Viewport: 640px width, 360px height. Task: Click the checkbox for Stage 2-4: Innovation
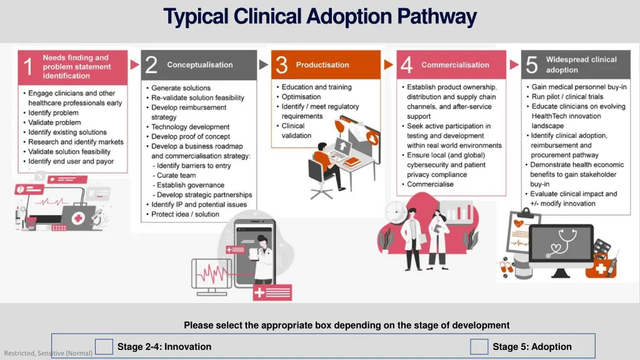pyautogui.click(x=104, y=347)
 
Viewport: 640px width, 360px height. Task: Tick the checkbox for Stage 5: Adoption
pyautogui.click(x=479, y=347)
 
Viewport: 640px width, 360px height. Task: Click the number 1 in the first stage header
pyautogui.click(x=28, y=67)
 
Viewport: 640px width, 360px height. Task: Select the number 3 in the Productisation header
pyautogui.click(x=282, y=65)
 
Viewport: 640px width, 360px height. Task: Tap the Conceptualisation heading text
pyautogui.click(x=199, y=65)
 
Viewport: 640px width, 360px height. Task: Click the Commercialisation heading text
pyautogui.click(x=455, y=65)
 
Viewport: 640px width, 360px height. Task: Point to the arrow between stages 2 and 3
pyautogui.click(x=263, y=64)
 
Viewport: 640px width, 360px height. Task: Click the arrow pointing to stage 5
pyautogui.click(x=514, y=64)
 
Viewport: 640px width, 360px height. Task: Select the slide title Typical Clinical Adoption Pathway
pyautogui.click(x=320, y=17)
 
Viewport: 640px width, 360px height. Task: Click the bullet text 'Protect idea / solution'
pyautogui.click(x=185, y=214)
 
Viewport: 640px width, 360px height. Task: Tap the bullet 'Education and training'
pyautogui.click(x=316, y=87)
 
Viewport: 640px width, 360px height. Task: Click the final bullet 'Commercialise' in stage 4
pyautogui.click(x=430, y=184)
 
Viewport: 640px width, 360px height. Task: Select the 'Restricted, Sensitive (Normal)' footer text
pyautogui.click(x=48, y=353)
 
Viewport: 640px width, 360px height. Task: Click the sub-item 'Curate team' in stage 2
pyautogui.click(x=176, y=176)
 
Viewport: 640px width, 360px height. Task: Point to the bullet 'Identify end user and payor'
pyautogui.click(x=71, y=161)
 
